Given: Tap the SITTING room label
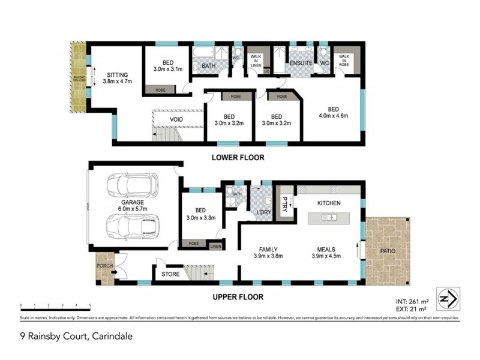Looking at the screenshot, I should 117,75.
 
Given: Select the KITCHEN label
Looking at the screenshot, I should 329,203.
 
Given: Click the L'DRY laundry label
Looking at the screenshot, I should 262,213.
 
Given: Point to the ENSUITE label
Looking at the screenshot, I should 298,62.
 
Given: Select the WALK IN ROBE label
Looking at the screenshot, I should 347,59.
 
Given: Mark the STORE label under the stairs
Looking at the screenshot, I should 170,275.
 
